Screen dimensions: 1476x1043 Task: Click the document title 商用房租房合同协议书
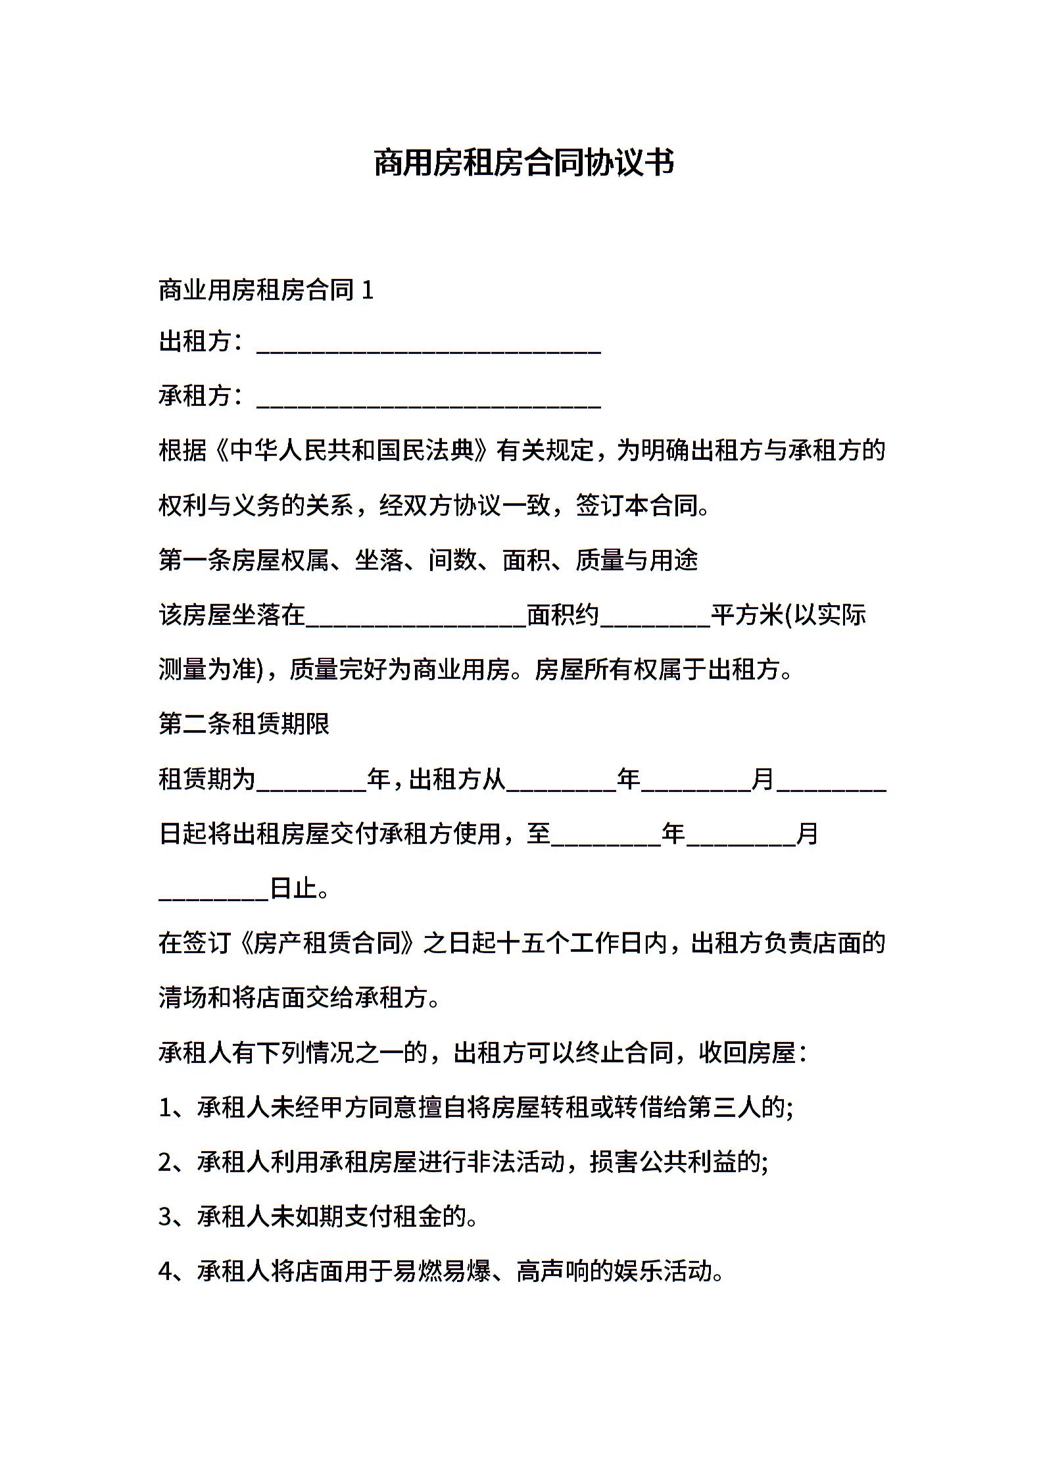pyautogui.click(x=523, y=163)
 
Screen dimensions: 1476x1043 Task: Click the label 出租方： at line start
pyautogui.click(x=202, y=342)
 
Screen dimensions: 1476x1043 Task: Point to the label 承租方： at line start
pyautogui.click(x=202, y=396)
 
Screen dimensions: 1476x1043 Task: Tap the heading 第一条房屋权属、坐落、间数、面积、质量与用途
pyautogui.click(x=428, y=560)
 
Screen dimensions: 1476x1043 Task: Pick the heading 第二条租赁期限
pyautogui.click(x=244, y=724)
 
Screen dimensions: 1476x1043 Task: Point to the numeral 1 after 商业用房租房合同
pyautogui.click(x=368, y=291)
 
